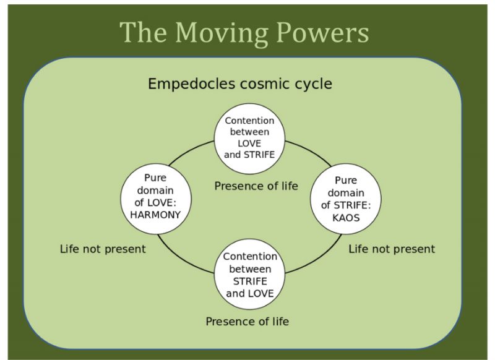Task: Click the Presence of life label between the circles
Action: pyautogui.click(x=256, y=186)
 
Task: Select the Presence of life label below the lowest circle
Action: pyautogui.click(x=247, y=321)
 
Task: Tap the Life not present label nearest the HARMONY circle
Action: pyautogui.click(x=103, y=249)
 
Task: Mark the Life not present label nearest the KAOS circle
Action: pyautogui.click(x=391, y=249)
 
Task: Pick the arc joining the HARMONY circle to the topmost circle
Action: pyautogui.click(x=191, y=153)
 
